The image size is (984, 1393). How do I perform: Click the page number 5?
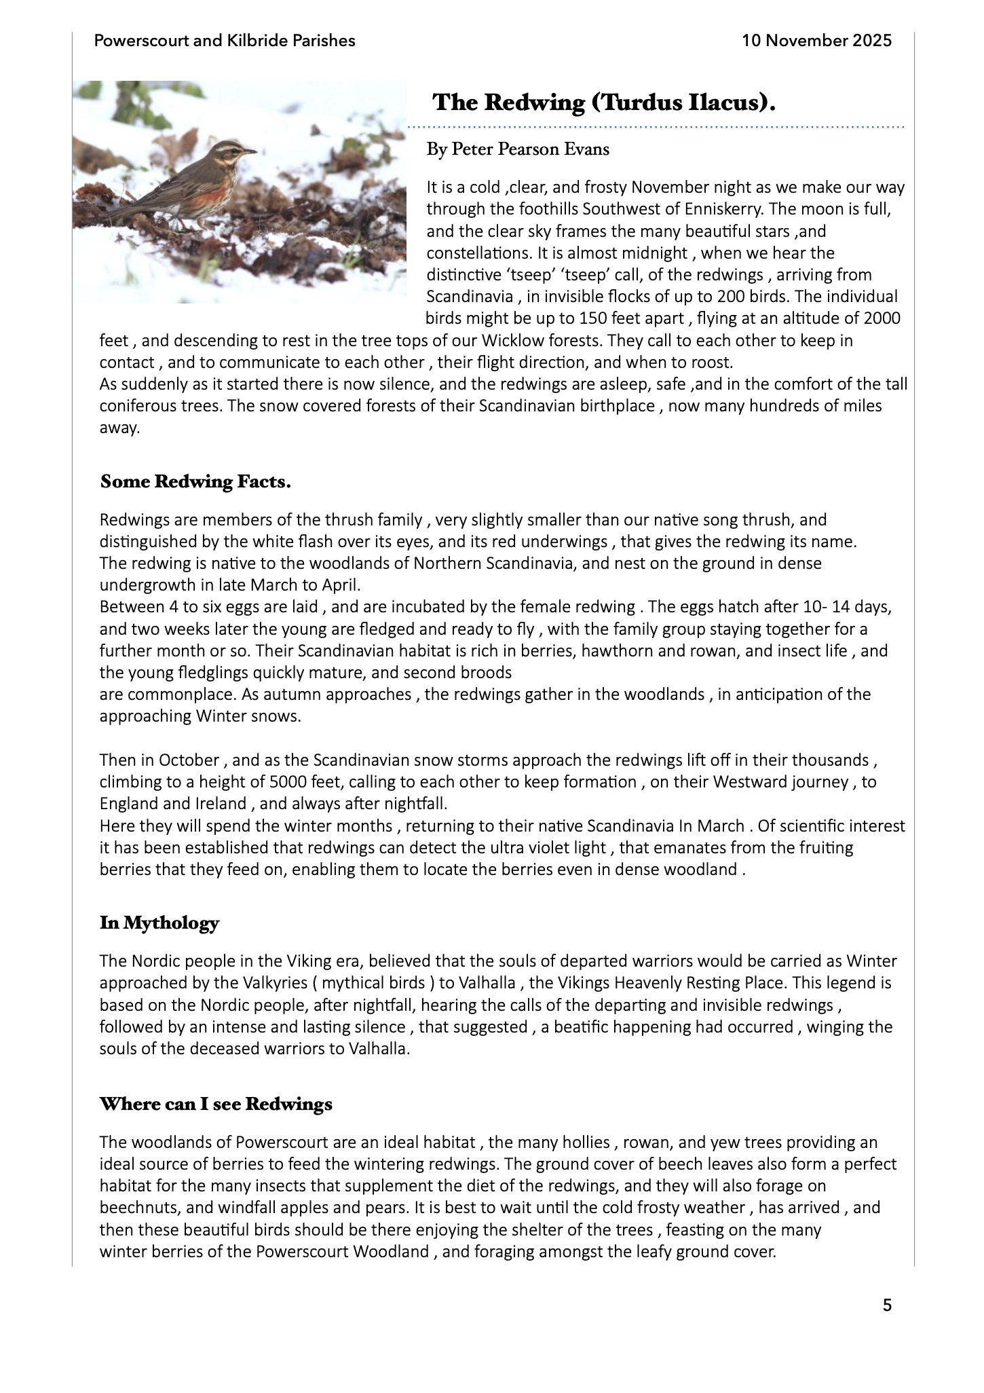(x=887, y=1305)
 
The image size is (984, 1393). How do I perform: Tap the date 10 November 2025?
(x=816, y=41)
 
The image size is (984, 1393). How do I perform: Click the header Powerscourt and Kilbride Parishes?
(x=225, y=41)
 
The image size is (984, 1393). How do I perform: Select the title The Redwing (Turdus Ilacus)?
(x=604, y=103)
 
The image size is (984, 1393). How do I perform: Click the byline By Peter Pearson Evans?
(x=518, y=149)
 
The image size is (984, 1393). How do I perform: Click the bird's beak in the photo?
(x=251, y=151)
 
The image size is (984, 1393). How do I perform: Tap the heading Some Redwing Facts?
(x=195, y=482)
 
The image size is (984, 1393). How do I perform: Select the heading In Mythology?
(x=159, y=923)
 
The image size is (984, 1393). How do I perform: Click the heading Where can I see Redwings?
(x=216, y=1104)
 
